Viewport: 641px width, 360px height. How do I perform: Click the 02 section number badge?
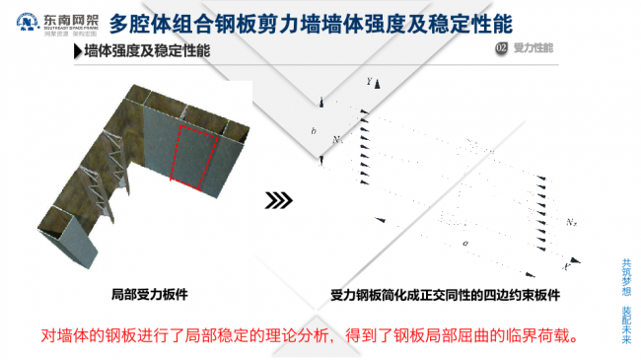(x=501, y=47)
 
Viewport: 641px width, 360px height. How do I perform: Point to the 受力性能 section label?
(x=534, y=47)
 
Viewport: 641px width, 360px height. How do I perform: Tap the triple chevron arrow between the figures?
(x=279, y=200)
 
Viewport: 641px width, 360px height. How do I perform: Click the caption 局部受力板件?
(x=149, y=292)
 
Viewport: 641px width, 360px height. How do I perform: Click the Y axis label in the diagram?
(x=368, y=82)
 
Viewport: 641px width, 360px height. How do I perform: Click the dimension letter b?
(x=312, y=129)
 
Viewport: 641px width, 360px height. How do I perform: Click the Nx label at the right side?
(x=573, y=222)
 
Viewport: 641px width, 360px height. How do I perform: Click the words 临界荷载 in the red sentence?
(x=536, y=334)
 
